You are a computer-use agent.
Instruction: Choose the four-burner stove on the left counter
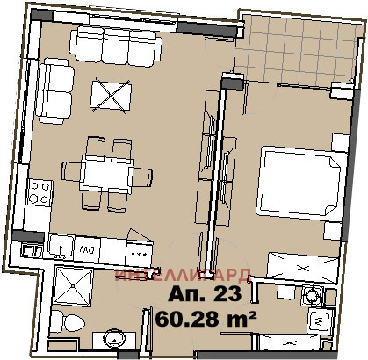(x=38, y=191)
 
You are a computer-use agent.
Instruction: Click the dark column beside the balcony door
(x=231, y=83)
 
